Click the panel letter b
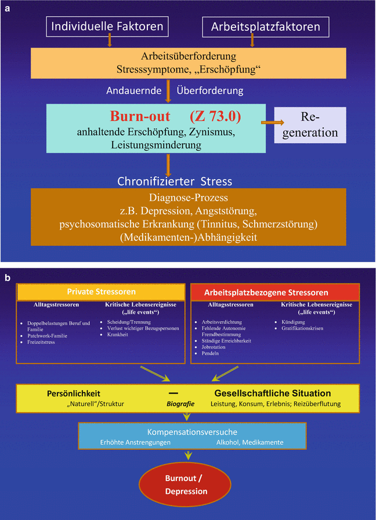pyautogui.click(x=8, y=278)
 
